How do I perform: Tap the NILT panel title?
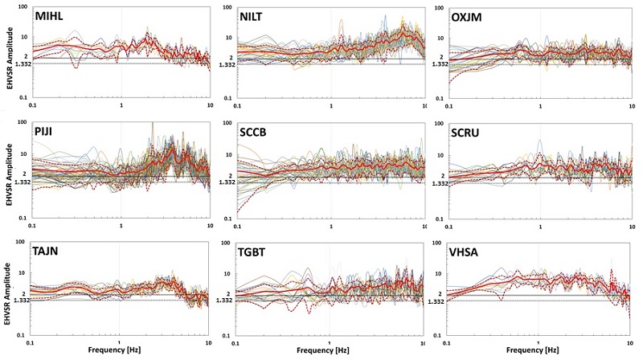tap(258, 17)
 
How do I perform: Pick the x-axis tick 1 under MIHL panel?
tap(121, 105)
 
